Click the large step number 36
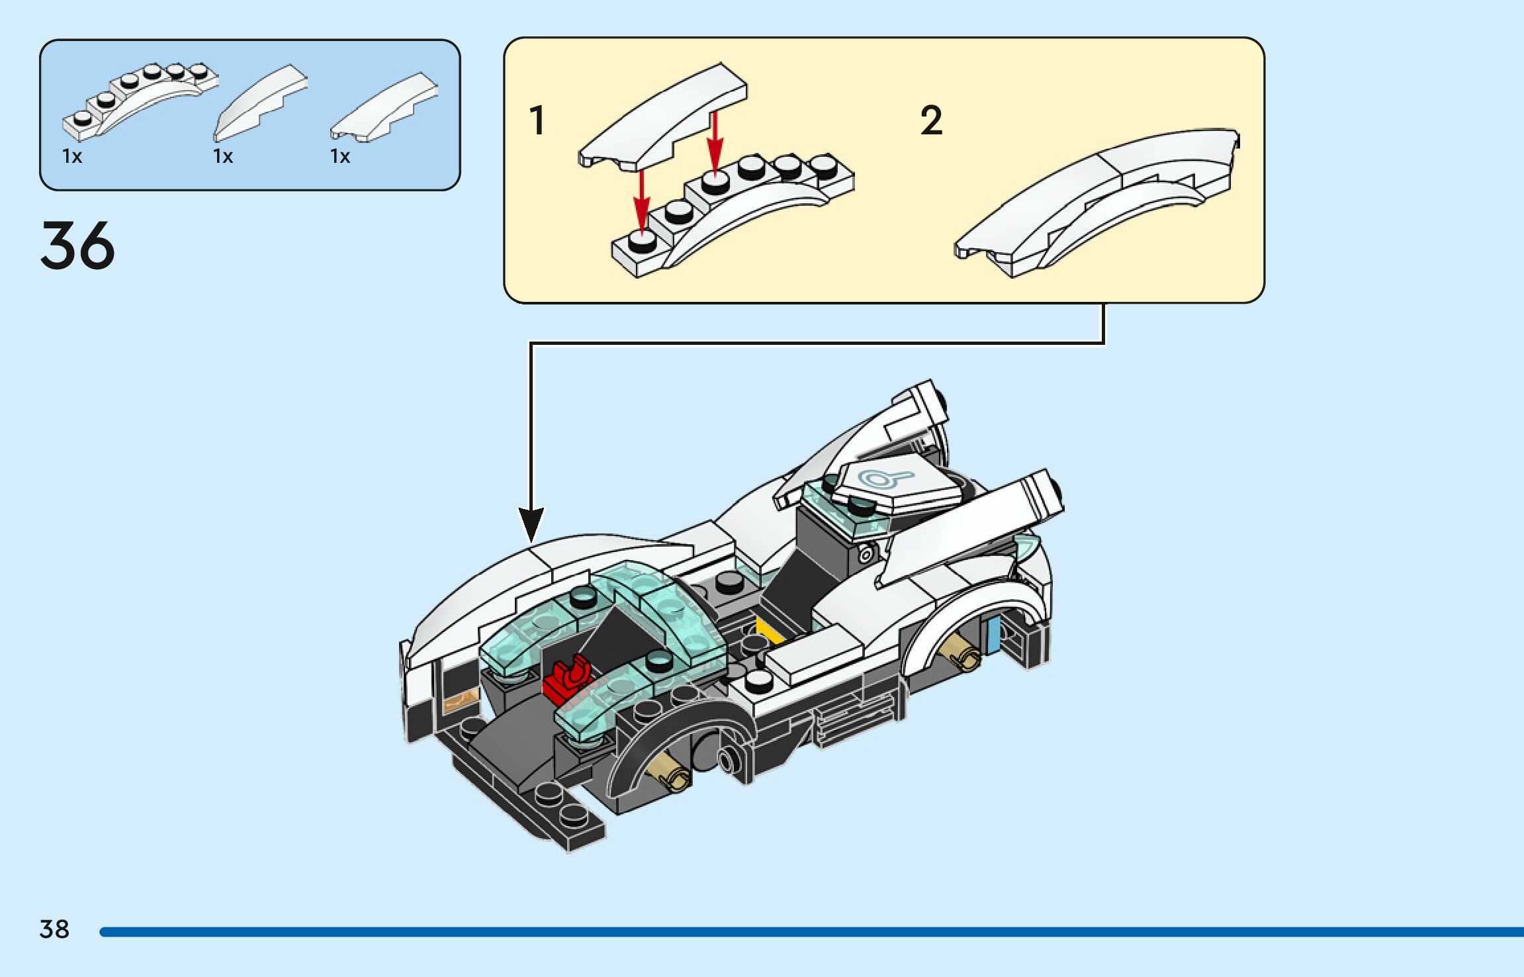pyautogui.click(x=77, y=246)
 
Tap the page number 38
pyautogui.click(x=54, y=929)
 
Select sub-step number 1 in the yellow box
pyautogui.click(x=537, y=120)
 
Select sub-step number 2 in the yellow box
pyautogui.click(x=931, y=120)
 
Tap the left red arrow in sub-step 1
pyautogui.click(x=641, y=202)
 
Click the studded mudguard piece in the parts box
pyautogui.click(x=139, y=99)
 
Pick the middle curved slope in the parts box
pyautogui.click(x=261, y=103)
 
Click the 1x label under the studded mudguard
pyautogui.click(x=72, y=156)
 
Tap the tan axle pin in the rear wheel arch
pyautogui.click(x=962, y=652)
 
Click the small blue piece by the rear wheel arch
pyautogui.click(x=993, y=633)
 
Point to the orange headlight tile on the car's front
pyautogui.click(x=461, y=698)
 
